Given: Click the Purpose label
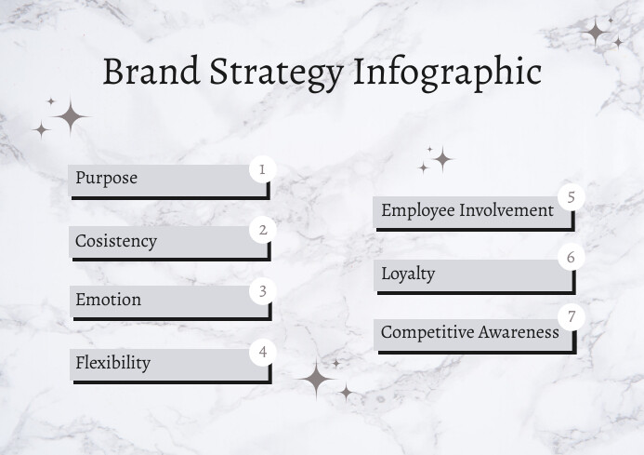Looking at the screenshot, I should point(106,178).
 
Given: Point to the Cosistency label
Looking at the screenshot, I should point(116,241).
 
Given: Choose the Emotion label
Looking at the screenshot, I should point(109,300).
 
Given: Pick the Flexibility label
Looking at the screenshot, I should point(112,362).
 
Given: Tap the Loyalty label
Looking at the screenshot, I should point(408,274).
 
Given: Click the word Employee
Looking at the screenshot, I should point(419,210).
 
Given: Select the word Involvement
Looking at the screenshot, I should point(507,210).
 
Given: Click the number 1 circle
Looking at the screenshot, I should point(263,169).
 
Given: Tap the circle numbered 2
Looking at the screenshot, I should point(263,230).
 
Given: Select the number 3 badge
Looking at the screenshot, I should point(263,291).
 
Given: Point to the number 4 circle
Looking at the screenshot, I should point(263,352).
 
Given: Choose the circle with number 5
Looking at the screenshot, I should point(572,197).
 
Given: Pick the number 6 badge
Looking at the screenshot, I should point(572,258).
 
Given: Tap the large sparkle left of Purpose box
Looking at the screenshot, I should point(69,117).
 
